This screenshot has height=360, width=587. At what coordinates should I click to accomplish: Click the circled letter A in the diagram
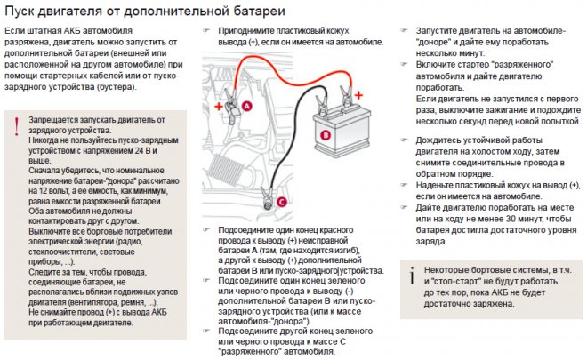246,105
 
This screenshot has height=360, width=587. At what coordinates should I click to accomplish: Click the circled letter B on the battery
326,135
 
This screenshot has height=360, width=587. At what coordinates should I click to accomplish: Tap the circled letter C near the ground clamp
282,202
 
